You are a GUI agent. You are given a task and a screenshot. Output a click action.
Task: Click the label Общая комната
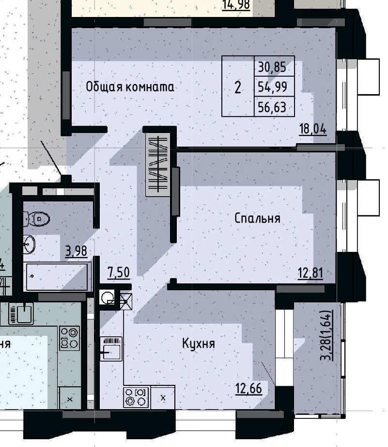(130, 87)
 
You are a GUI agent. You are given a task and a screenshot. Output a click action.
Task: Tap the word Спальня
(257, 218)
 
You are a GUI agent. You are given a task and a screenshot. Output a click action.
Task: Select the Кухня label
(198, 344)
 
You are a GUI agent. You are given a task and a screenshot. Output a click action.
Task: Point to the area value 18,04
(313, 129)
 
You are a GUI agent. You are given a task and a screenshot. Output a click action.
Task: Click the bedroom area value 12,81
(310, 274)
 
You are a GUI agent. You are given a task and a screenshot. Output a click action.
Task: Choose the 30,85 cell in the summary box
(272, 67)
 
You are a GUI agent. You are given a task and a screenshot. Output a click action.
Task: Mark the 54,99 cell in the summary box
(272, 87)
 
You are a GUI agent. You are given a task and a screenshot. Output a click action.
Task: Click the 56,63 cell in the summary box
(272, 107)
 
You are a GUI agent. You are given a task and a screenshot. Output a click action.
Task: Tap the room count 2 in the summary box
(237, 88)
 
